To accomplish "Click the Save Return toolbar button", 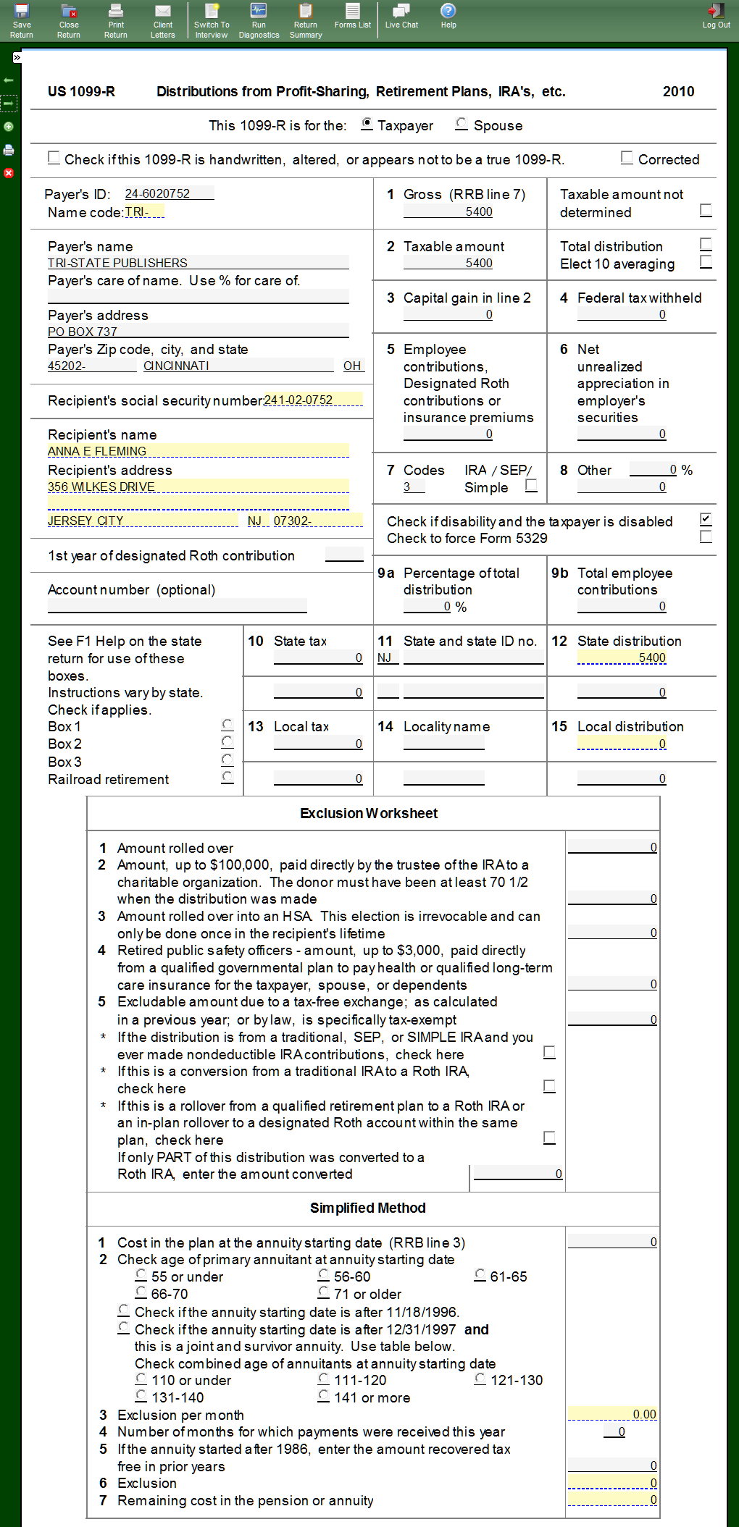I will pos(22,20).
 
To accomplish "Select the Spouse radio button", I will pos(461,125).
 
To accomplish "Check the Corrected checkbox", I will pos(627,158).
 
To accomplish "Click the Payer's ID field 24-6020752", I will pos(168,193).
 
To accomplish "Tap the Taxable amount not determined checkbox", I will pos(706,210).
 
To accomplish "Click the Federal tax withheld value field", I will pos(622,314).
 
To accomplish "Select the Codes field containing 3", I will pos(414,487).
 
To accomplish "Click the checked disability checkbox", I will pos(706,519).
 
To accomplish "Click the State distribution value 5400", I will pos(622,657).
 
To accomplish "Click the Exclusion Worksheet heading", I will pos(369,813).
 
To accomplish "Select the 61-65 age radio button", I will pos(480,1275).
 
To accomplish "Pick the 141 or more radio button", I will pos(324,1396).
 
